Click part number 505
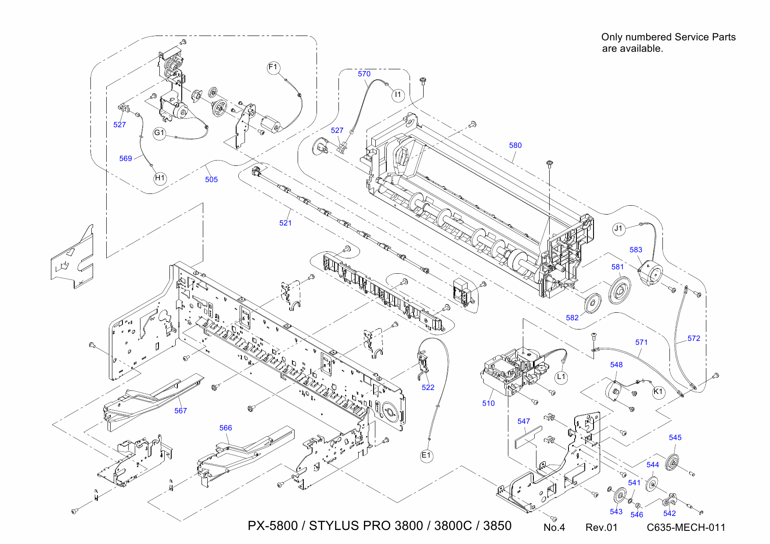point(211,179)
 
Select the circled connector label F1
point(273,67)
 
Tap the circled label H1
point(160,178)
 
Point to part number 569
point(126,158)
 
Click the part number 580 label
point(515,145)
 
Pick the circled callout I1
point(398,94)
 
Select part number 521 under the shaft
point(285,223)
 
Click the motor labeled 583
point(650,274)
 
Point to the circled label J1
point(619,229)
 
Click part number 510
point(488,403)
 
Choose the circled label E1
point(426,455)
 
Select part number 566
point(226,428)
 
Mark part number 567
point(180,411)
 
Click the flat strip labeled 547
point(529,437)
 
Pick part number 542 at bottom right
point(669,513)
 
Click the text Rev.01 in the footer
point(601,527)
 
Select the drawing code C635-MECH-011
point(686,527)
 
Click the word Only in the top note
point(611,37)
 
